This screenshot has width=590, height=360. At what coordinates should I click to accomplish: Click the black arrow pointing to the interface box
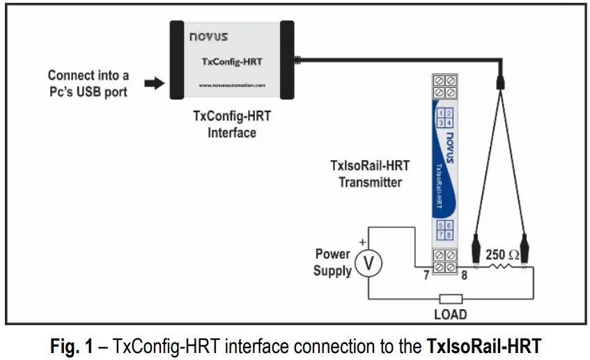[153, 84]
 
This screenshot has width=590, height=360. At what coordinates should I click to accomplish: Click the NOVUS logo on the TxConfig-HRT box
[208, 36]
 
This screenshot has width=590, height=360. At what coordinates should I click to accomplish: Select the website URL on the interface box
[232, 85]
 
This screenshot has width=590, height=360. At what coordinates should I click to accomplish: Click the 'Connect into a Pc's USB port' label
[88, 83]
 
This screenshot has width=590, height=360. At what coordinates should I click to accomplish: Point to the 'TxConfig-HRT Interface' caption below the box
[232, 124]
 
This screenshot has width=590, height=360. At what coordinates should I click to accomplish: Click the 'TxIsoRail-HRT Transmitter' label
[370, 173]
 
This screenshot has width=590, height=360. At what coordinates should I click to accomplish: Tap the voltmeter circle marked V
[368, 263]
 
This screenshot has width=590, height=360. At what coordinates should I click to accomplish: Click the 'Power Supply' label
[332, 262]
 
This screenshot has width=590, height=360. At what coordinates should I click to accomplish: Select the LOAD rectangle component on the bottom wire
[450, 298]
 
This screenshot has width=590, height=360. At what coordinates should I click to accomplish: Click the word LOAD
[450, 314]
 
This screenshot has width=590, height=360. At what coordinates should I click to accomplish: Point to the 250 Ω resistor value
[502, 255]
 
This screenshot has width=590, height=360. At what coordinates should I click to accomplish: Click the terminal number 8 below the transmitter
[464, 276]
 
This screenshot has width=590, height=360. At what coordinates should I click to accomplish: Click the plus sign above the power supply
[362, 242]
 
